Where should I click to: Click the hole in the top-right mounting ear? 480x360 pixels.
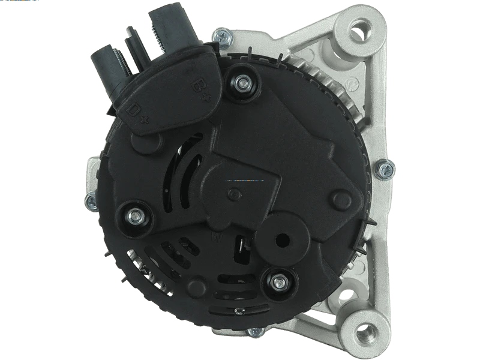pyautogui.click(x=360, y=27)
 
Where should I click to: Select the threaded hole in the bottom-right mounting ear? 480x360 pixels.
pyautogui.click(x=364, y=329)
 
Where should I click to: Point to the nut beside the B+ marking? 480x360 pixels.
pyautogui.click(x=243, y=83)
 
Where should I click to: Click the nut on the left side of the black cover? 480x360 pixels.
pyautogui.click(x=134, y=215)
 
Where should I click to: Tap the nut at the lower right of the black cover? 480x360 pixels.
pyautogui.click(x=278, y=281)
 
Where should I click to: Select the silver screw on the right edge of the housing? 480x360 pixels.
pyautogui.click(x=384, y=169)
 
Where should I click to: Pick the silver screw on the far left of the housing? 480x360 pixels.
pyautogui.click(x=92, y=202)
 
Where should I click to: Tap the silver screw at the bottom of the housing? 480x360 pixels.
pyautogui.click(x=256, y=331)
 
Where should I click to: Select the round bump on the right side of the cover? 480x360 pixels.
pyautogui.click(x=343, y=199)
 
